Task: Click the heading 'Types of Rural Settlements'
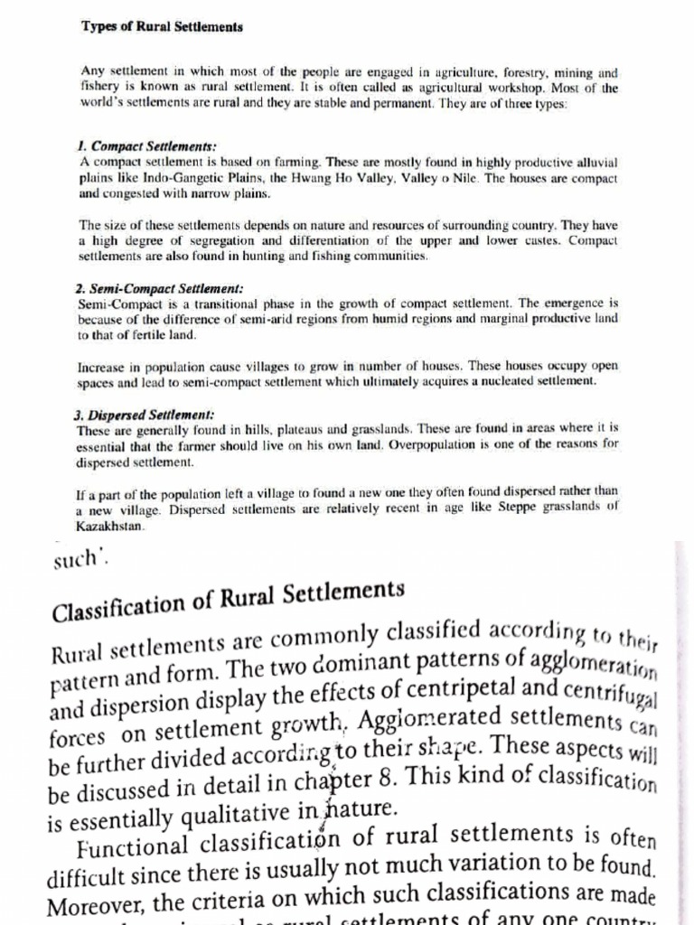click(x=163, y=27)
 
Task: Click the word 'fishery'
click(x=98, y=89)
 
